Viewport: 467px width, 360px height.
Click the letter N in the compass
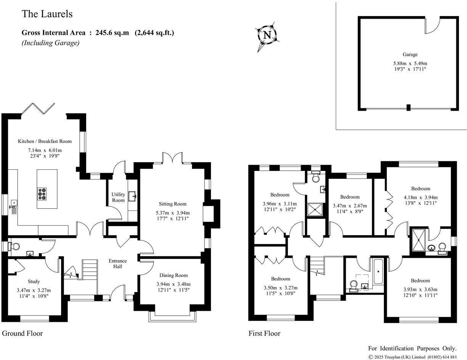tap(267, 35)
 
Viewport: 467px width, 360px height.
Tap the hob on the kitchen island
tap(42, 194)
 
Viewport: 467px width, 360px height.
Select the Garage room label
tap(410, 55)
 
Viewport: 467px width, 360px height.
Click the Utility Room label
tap(118, 197)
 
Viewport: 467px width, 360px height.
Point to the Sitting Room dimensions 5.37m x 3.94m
tap(173, 213)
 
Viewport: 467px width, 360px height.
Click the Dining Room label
tap(174, 275)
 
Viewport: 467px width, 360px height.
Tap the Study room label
tap(34, 281)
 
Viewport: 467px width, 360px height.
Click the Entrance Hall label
tap(118, 264)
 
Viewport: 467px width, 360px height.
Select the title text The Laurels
tap(47, 14)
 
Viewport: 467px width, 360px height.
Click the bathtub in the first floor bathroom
tap(378, 272)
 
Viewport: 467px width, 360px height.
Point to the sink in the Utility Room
tap(133, 196)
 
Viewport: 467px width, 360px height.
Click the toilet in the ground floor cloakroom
tap(14, 246)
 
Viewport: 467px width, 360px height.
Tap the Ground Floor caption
tap(23, 333)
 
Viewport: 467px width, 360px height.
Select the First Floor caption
tap(264, 333)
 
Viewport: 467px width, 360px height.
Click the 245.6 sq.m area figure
tap(112, 33)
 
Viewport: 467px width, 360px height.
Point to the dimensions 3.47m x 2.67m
tap(350, 206)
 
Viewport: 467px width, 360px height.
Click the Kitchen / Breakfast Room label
tap(45, 141)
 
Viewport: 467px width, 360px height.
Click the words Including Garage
tap(51, 43)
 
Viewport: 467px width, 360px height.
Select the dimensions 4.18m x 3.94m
tap(421, 197)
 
